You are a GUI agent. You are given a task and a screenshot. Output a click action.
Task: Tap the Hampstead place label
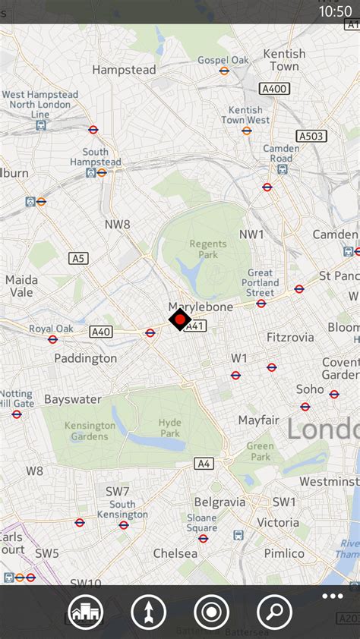124,70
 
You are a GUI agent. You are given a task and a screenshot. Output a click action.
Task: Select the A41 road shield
195,326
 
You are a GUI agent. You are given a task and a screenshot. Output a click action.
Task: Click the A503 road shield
311,136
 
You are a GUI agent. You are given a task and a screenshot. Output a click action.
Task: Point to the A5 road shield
78,259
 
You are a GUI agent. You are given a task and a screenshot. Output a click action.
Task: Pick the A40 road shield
101,332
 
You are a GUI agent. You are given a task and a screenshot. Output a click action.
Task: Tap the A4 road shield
203,463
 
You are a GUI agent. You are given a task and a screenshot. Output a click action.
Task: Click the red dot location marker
179,319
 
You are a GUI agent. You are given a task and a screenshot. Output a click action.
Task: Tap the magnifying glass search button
275,612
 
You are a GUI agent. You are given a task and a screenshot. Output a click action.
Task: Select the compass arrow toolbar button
148,612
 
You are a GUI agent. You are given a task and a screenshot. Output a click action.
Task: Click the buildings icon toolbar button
85,612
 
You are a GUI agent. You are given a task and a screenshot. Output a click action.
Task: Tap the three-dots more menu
332,596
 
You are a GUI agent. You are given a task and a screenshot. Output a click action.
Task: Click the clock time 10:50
335,11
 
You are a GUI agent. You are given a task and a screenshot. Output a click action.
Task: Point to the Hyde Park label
170,428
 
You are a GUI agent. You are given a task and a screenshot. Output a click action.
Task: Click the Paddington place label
85,358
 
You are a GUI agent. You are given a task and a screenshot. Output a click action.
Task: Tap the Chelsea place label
175,553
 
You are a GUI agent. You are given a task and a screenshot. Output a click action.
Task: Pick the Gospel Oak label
223,60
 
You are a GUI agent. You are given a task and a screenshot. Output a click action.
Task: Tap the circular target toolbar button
211,612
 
